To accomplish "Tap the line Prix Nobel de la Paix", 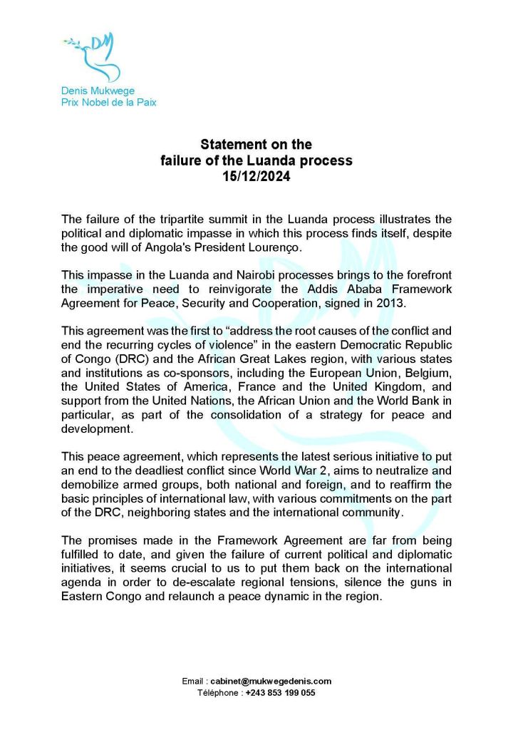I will [108, 102].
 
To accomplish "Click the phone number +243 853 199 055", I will [280, 692].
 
